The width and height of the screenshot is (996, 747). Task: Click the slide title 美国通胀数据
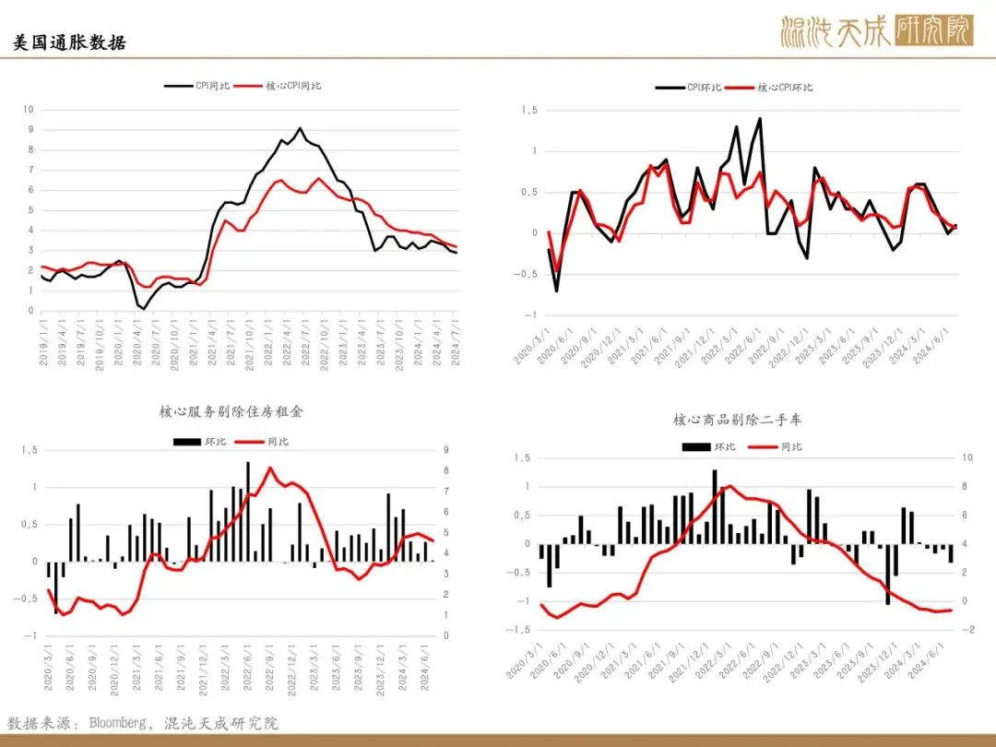69,42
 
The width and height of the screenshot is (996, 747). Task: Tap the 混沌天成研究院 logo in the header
875,30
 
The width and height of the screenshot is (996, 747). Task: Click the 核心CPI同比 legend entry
278,86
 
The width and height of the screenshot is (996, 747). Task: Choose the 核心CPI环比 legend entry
769,88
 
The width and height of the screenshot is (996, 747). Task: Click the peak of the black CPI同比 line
300,128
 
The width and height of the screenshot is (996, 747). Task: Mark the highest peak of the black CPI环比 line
759,118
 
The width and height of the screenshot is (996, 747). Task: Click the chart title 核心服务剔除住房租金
231,411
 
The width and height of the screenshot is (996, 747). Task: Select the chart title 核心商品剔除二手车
737,419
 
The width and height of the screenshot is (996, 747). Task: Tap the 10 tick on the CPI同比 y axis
29,110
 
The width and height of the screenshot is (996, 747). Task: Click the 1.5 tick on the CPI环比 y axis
529,111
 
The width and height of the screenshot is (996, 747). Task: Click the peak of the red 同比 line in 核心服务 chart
270,468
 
